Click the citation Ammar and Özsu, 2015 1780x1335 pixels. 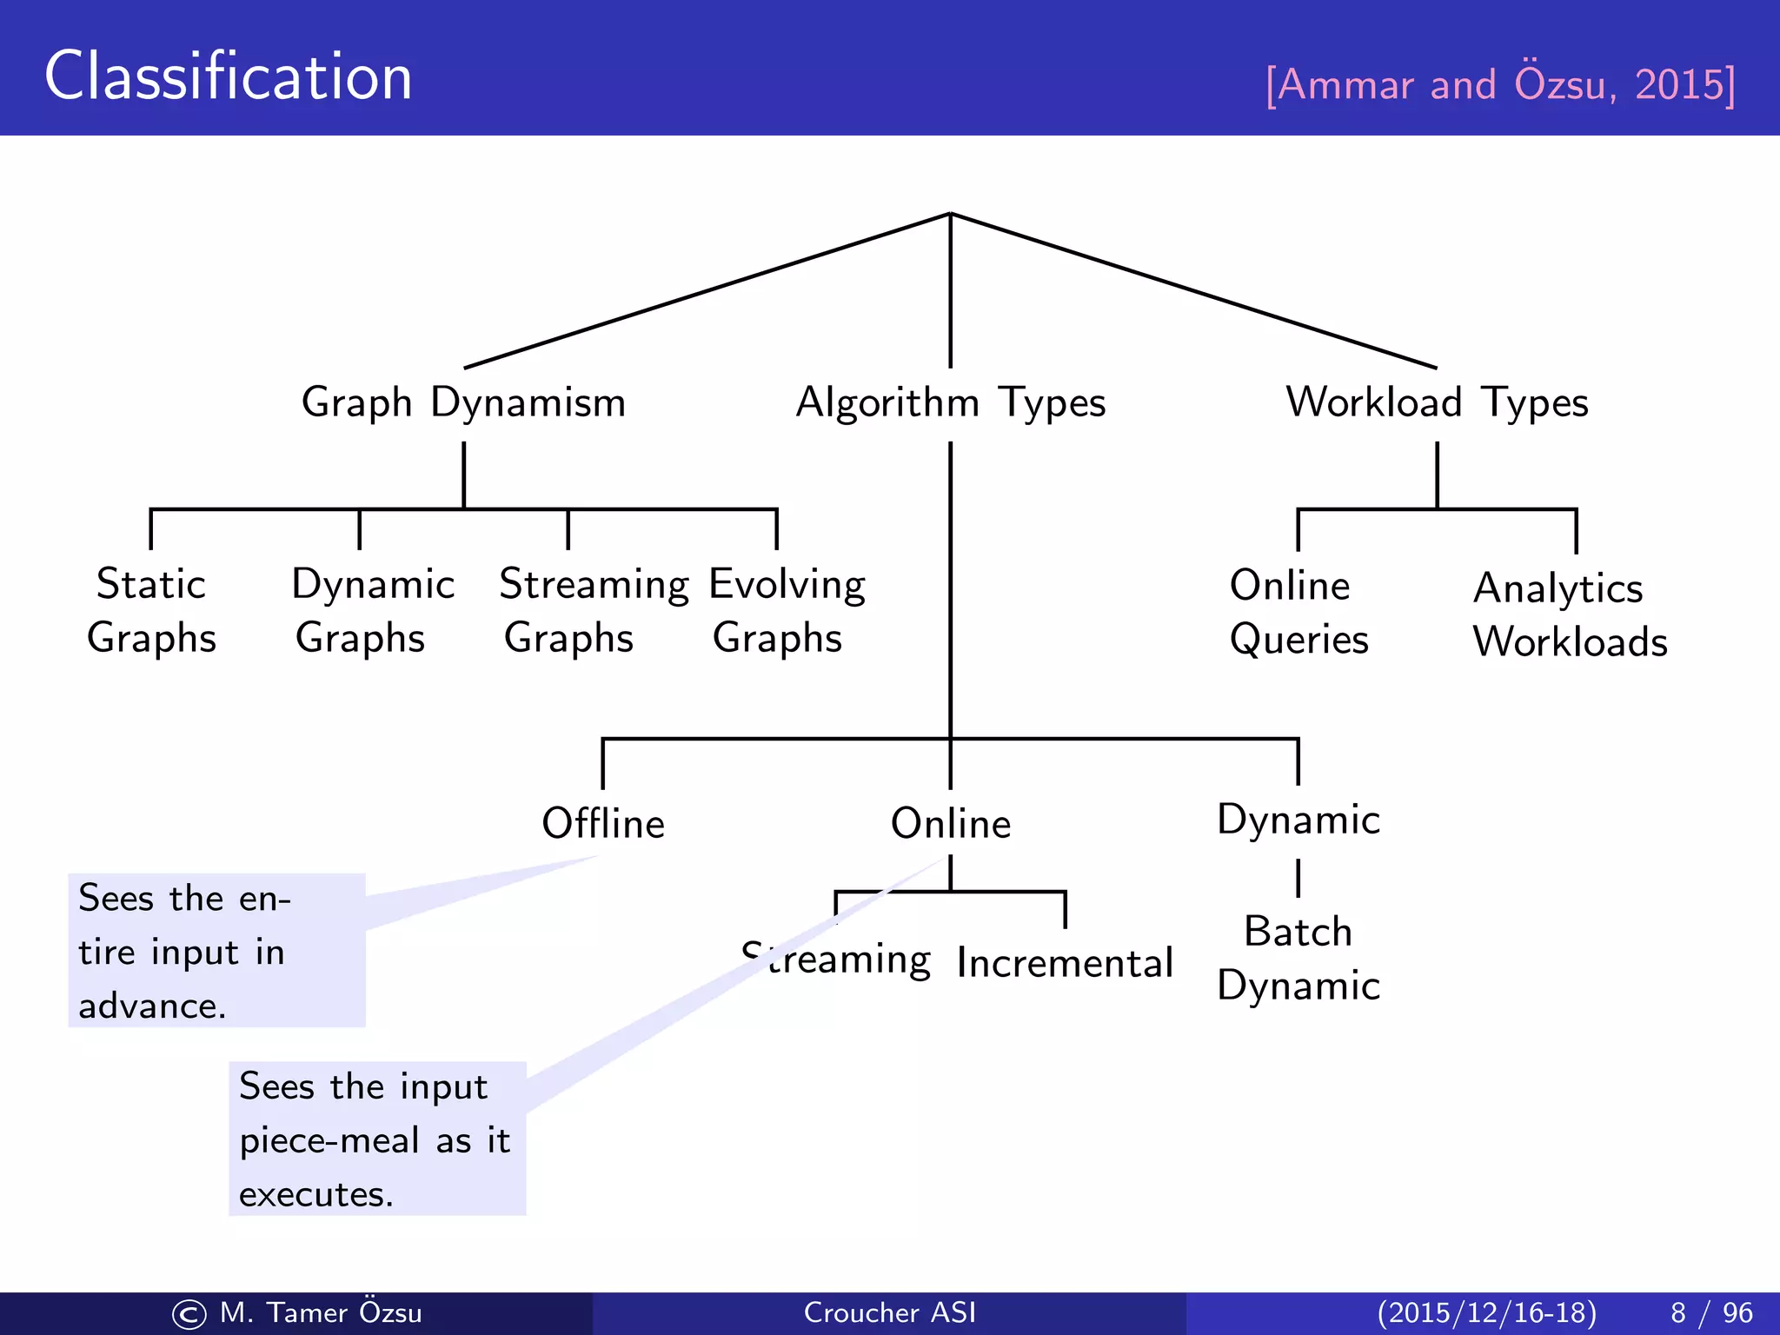click(x=1500, y=84)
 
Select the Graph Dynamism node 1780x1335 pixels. click(x=463, y=403)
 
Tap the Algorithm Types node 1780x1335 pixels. click(x=950, y=403)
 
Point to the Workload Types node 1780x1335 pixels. click(x=1437, y=403)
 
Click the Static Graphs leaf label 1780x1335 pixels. click(x=151, y=610)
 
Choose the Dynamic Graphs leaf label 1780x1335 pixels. click(x=373, y=610)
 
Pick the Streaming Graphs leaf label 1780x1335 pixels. click(x=594, y=610)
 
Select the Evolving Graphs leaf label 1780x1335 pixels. click(x=787, y=610)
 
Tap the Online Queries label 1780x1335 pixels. click(x=1298, y=612)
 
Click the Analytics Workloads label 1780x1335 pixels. click(x=1570, y=614)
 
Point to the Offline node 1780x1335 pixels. click(x=603, y=823)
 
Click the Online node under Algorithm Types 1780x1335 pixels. click(x=951, y=823)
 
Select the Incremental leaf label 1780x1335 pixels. click(x=1065, y=963)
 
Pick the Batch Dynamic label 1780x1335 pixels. click(x=1298, y=958)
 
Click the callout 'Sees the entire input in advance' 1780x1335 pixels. click(x=216, y=951)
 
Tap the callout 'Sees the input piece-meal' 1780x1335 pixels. click(x=377, y=1139)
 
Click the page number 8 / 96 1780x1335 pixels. click(x=1710, y=1312)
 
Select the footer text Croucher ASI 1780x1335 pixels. click(x=890, y=1312)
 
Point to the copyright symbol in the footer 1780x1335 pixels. click(x=189, y=1314)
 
